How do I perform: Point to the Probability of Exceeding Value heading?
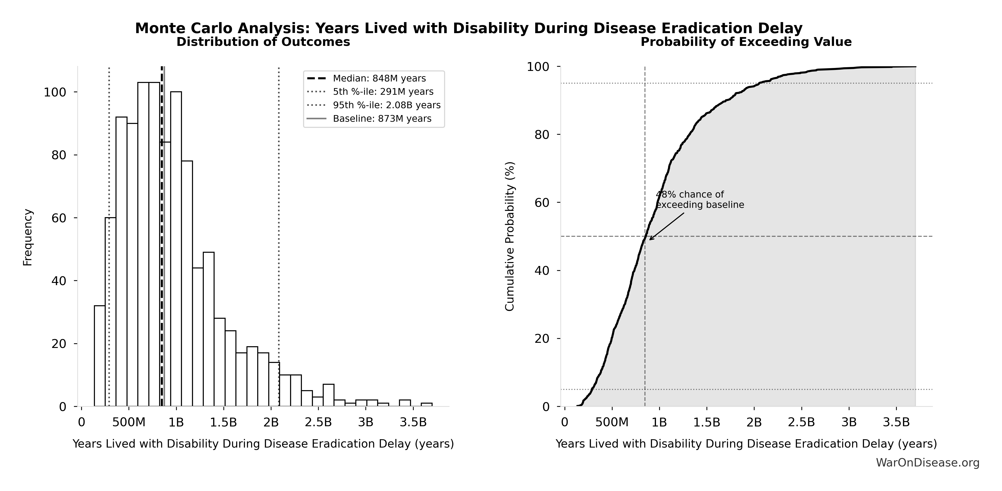pyautogui.click(x=746, y=42)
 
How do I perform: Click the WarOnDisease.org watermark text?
pyautogui.click(x=927, y=463)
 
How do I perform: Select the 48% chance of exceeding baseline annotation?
pyautogui.click(x=699, y=199)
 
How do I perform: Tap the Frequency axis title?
pyautogui.click(x=28, y=237)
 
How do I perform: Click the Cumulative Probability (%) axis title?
pyautogui.click(x=510, y=236)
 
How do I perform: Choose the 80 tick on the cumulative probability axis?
pyautogui.click(x=542, y=135)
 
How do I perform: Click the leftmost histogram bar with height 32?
pyautogui.click(x=100, y=356)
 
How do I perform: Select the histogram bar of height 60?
pyautogui.click(x=110, y=311)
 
